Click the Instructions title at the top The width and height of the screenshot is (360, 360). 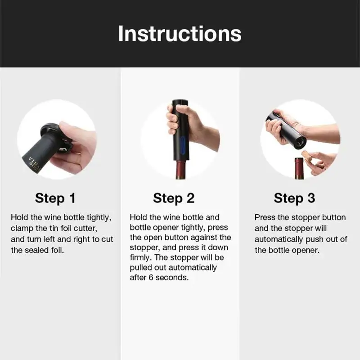coord(180,34)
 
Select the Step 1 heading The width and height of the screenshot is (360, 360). coord(55,198)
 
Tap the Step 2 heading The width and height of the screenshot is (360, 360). coord(174,198)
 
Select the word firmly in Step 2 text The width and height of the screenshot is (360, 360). coord(141,257)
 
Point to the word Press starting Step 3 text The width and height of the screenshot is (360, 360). coord(265,218)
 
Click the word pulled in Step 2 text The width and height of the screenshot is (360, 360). coord(141,268)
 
